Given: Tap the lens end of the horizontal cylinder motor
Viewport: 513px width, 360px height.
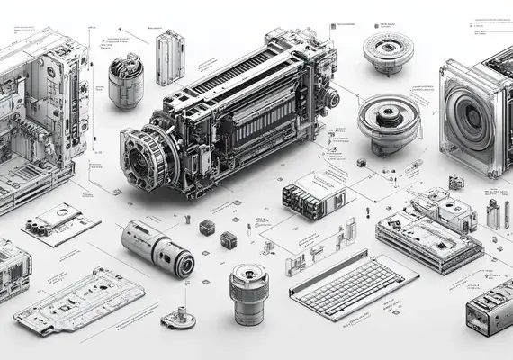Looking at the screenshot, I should tap(184, 264).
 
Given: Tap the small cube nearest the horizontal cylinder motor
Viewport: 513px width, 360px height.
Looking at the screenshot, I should tap(207, 228).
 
